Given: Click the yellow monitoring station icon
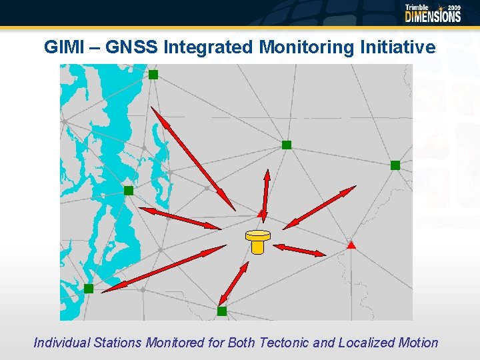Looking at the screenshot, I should click(x=257, y=241).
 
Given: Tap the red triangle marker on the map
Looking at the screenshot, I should click(x=351, y=245).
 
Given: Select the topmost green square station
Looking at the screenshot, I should click(x=153, y=75).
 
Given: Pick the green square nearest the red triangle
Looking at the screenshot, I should click(x=395, y=165).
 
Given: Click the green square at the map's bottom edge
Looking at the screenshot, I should click(x=222, y=311).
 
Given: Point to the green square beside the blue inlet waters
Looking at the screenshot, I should click(x=129, y=191).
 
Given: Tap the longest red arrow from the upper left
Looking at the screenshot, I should click(x=193, y=159).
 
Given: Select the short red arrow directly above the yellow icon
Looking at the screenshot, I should click(x=265, y=195).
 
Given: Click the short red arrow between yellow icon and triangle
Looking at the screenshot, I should click(x=299, y=250).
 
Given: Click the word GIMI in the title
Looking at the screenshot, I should click(x=63, y=47).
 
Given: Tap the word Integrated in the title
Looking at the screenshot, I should click(x=209, y=47).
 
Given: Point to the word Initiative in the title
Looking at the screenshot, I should click(x=397, y=47).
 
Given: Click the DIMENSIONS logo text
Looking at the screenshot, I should click(x=433, y=17).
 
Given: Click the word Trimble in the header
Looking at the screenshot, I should click(x=417, y=7).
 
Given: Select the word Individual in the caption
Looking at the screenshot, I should click(x=63, y=343).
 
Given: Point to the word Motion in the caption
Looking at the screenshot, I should click(x=420, y=343).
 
